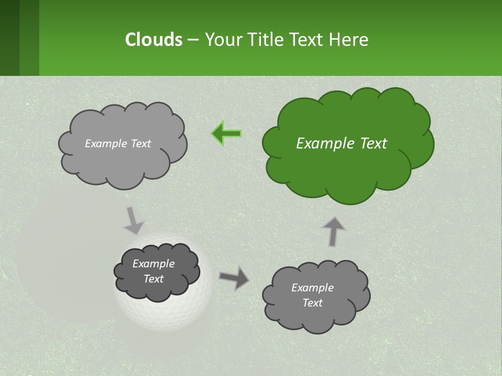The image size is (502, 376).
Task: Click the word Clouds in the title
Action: [x=153, y=39]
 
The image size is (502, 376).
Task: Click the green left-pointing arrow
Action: [x=227, y=134]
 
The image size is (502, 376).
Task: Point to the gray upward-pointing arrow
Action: [x=334, y=231]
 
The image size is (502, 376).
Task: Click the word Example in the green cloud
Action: [x=320, y=144]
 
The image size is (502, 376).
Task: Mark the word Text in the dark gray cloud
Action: [x=154, y=279]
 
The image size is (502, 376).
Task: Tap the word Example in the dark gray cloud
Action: [x=154, y=264]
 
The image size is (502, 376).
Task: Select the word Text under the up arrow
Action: [x=313, y=303]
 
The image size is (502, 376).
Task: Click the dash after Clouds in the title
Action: [x=192, y=40]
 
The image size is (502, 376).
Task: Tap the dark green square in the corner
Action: [x=9, y=38]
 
